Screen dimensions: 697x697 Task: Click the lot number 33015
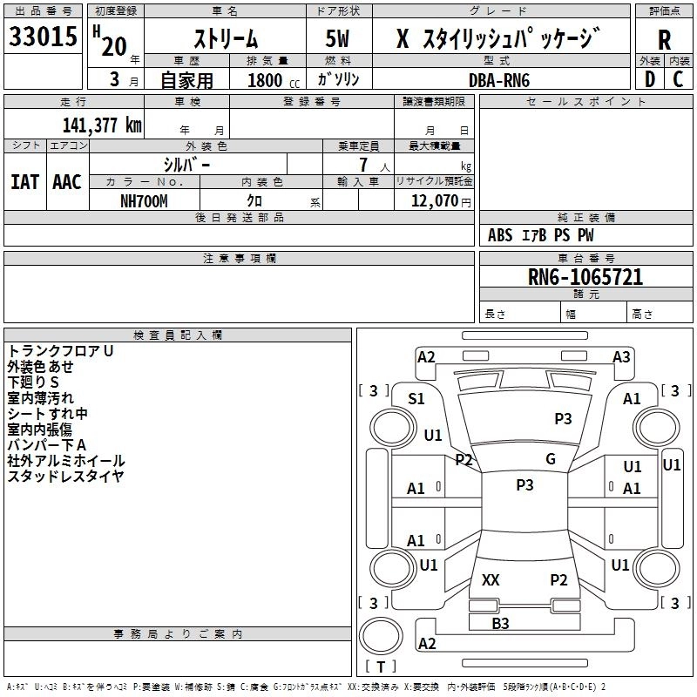tap(43, 37)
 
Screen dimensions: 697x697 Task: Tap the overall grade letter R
tap(664, 39)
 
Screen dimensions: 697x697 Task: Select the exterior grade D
tap(649, 79)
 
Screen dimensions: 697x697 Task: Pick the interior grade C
tap(678, 79)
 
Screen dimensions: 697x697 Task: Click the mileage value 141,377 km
tap(102, 125)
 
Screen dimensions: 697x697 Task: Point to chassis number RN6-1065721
tap(585, 278)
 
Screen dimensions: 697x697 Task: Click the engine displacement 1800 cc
tap(273, 81)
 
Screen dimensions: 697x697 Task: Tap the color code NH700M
tap(144, 200)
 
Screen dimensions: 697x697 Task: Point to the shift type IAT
tap(24, 182)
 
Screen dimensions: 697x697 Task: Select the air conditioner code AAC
tap(66, 182)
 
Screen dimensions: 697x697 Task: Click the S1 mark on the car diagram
tap(416, 399)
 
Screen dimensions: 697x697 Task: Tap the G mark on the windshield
tap(551, 459)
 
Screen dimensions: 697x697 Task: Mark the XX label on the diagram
tap(491, 579)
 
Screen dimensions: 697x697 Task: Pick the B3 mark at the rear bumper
tap(500, 623)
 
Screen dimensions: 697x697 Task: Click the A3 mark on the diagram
tap(621, 356)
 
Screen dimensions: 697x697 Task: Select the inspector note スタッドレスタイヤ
tap(65, 477)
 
